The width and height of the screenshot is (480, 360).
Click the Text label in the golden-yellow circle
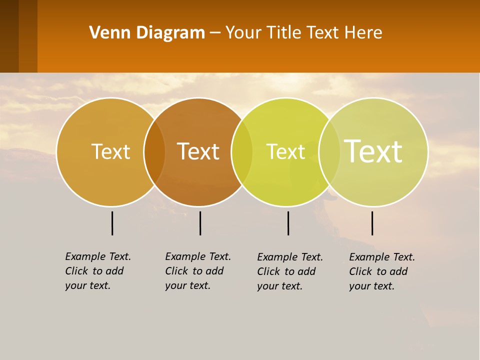110,151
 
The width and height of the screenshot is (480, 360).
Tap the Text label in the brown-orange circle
198,151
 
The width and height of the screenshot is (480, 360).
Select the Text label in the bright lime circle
285,151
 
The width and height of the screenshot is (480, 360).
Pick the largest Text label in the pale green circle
373,151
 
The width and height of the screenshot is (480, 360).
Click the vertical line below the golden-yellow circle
112,223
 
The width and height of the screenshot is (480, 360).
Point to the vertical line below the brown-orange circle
200,223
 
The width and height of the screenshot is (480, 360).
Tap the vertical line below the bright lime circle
288,223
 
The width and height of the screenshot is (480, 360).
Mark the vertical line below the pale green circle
372,223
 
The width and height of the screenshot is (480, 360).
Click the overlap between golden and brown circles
154,152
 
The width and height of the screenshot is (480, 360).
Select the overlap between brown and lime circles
242,152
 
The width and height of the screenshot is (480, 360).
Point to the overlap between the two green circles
329,152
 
